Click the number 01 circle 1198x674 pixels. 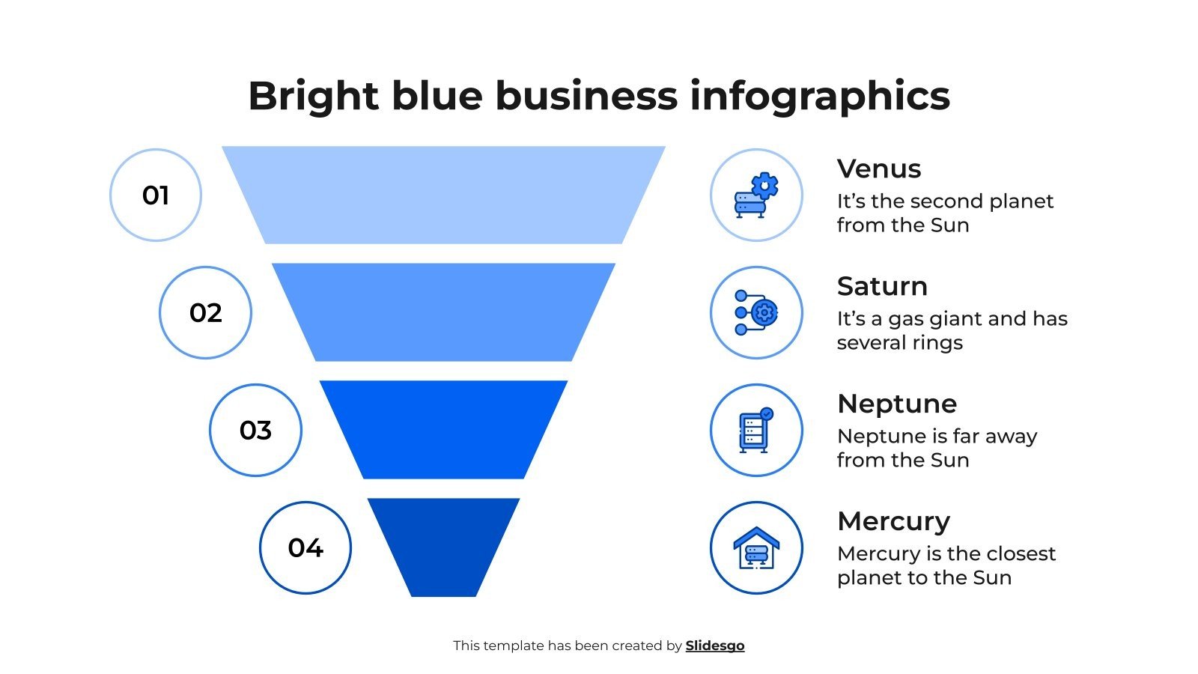(x=156, y=195)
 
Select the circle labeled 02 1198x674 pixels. (x=205, y=312)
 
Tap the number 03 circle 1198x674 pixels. (x=255, y=430)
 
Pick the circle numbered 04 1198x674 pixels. (x=305, y=547)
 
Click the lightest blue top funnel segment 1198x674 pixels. (x=443, y=195)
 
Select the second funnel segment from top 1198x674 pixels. (x=443, y=312)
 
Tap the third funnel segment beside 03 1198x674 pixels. (x=443, y=430)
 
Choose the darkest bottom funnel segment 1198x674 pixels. (x=443, y=547)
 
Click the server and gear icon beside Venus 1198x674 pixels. (x=756, y=195)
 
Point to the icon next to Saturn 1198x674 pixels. (x=756, y=312)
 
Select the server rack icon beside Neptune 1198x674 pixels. (x=756, y=430)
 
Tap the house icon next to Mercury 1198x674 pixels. (x=756, y=547)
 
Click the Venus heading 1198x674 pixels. (x=879, y=169)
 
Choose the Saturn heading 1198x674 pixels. (x=882, y=287)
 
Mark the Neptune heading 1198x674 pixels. (x=897, y=404)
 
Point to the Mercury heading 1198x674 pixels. (x=893, y=522)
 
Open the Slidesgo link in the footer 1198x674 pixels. (x=715, y=646)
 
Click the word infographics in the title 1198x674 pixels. (x=820, y=97)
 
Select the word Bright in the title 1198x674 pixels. (x=313, y=97)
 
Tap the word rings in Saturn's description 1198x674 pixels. (x=935, y=343)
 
